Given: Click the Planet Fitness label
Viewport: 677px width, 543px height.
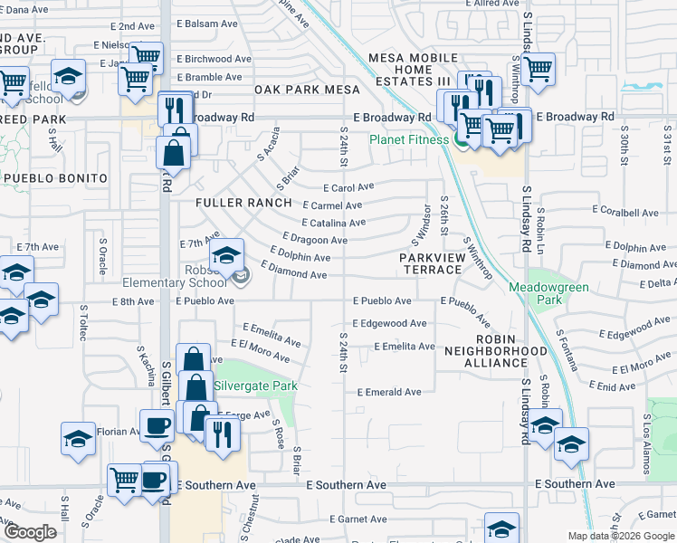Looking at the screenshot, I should [x=408, y=139].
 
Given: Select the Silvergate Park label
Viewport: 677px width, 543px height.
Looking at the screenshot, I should [x=256, y=386].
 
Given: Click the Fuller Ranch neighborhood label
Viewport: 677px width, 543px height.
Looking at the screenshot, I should [x=244, y=203].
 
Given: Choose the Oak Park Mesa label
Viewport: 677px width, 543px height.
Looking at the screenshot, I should [x=308, y=90].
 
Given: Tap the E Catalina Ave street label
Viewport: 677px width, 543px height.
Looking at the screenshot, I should [x=333, y=223].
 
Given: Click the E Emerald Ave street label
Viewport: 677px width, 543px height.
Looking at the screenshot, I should [x=389, y=393].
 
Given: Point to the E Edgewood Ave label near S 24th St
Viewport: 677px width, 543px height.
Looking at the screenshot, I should [x=389, y=323].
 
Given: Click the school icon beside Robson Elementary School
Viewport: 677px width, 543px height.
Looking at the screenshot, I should [x=227, y=255].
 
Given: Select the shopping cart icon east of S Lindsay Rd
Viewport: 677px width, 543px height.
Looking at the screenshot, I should [x=538, y=67].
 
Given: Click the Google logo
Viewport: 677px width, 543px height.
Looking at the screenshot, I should [x=30, y=532].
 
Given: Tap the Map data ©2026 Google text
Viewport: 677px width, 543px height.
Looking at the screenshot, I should [x=621, y=536].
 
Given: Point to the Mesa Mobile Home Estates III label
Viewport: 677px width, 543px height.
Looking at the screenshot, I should [x=414, y=70].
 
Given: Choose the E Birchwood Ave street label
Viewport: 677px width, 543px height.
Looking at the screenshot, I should [x=214, y=59].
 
